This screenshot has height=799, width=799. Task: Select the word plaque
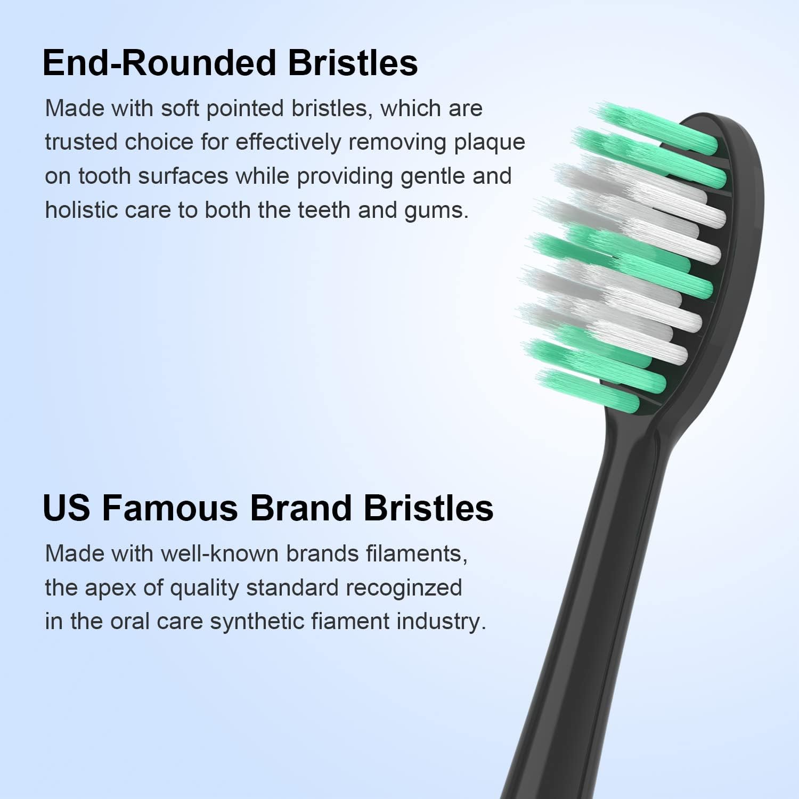489,142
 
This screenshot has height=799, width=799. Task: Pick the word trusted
81,142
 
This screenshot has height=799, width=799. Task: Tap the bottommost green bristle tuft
589,391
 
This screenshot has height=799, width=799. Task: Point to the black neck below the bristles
597,586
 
